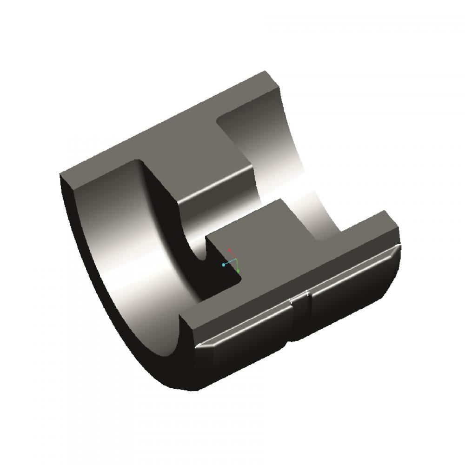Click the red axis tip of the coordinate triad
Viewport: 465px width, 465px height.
tap(229, 250)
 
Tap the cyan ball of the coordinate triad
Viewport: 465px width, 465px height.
tap(224, 265)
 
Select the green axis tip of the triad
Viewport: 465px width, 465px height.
tap(239, 271)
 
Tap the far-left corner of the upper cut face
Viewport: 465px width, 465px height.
tap(61, 174)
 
